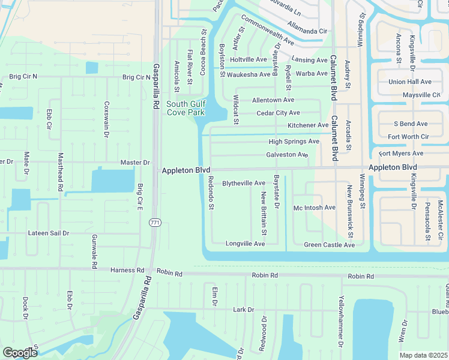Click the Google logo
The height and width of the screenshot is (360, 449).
tap(19, 353)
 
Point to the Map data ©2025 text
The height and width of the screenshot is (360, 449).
tap(424, 355)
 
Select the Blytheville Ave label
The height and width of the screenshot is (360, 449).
tap(244, 183)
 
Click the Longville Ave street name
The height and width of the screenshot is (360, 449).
tap(245, 244)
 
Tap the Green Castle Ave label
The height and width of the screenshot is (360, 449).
tap(329, 245)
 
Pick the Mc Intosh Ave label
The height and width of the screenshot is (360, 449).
tap(314, 208)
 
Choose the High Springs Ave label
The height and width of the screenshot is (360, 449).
tap(294, 142)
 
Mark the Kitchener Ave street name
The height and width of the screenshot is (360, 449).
tap(308, 125)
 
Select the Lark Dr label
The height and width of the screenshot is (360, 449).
tap(244, 310)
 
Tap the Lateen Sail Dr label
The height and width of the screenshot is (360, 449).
tap(49, 233)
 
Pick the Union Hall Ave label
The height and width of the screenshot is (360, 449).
tap(410, 82)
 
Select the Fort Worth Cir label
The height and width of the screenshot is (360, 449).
tap(408, 137)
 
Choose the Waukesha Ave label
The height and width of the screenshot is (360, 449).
tap(249, 74)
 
